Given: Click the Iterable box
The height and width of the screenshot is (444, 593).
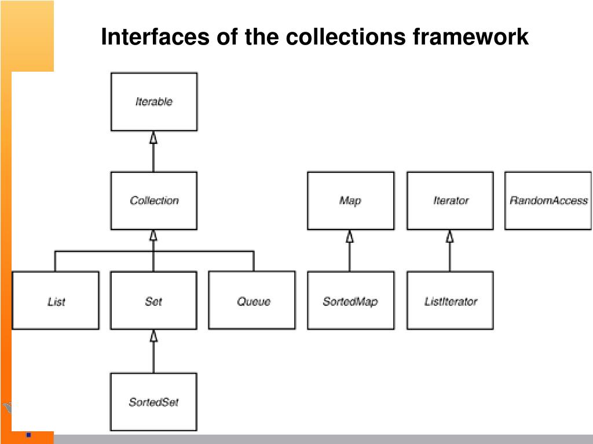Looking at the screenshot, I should (153, 102).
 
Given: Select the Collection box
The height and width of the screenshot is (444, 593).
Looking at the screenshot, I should (153, 201).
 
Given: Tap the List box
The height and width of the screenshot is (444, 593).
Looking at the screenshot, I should (56, 301).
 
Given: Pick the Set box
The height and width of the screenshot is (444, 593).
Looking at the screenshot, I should (153, 301).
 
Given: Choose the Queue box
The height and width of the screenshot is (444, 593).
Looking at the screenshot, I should (252, 301).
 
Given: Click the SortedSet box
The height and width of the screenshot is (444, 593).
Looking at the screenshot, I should (153, 402).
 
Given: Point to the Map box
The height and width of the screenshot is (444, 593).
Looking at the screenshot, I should (350, 201).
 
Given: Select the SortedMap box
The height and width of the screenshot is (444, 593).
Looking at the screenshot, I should (350, 301).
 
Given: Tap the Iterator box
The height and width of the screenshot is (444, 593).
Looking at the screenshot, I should (450, 201).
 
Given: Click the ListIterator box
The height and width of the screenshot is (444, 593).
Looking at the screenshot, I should (450, 301).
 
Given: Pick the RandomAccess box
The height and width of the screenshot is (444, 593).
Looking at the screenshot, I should (548, 201).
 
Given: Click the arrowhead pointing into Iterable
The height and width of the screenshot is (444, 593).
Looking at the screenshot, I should (153, 137).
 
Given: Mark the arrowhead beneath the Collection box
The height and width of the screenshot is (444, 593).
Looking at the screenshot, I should (153, 235).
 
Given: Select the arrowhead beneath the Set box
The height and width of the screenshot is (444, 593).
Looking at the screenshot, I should (153, 335).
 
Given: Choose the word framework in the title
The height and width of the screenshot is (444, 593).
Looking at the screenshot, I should (470, 37).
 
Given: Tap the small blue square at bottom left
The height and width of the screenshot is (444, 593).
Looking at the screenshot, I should (28, 434).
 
